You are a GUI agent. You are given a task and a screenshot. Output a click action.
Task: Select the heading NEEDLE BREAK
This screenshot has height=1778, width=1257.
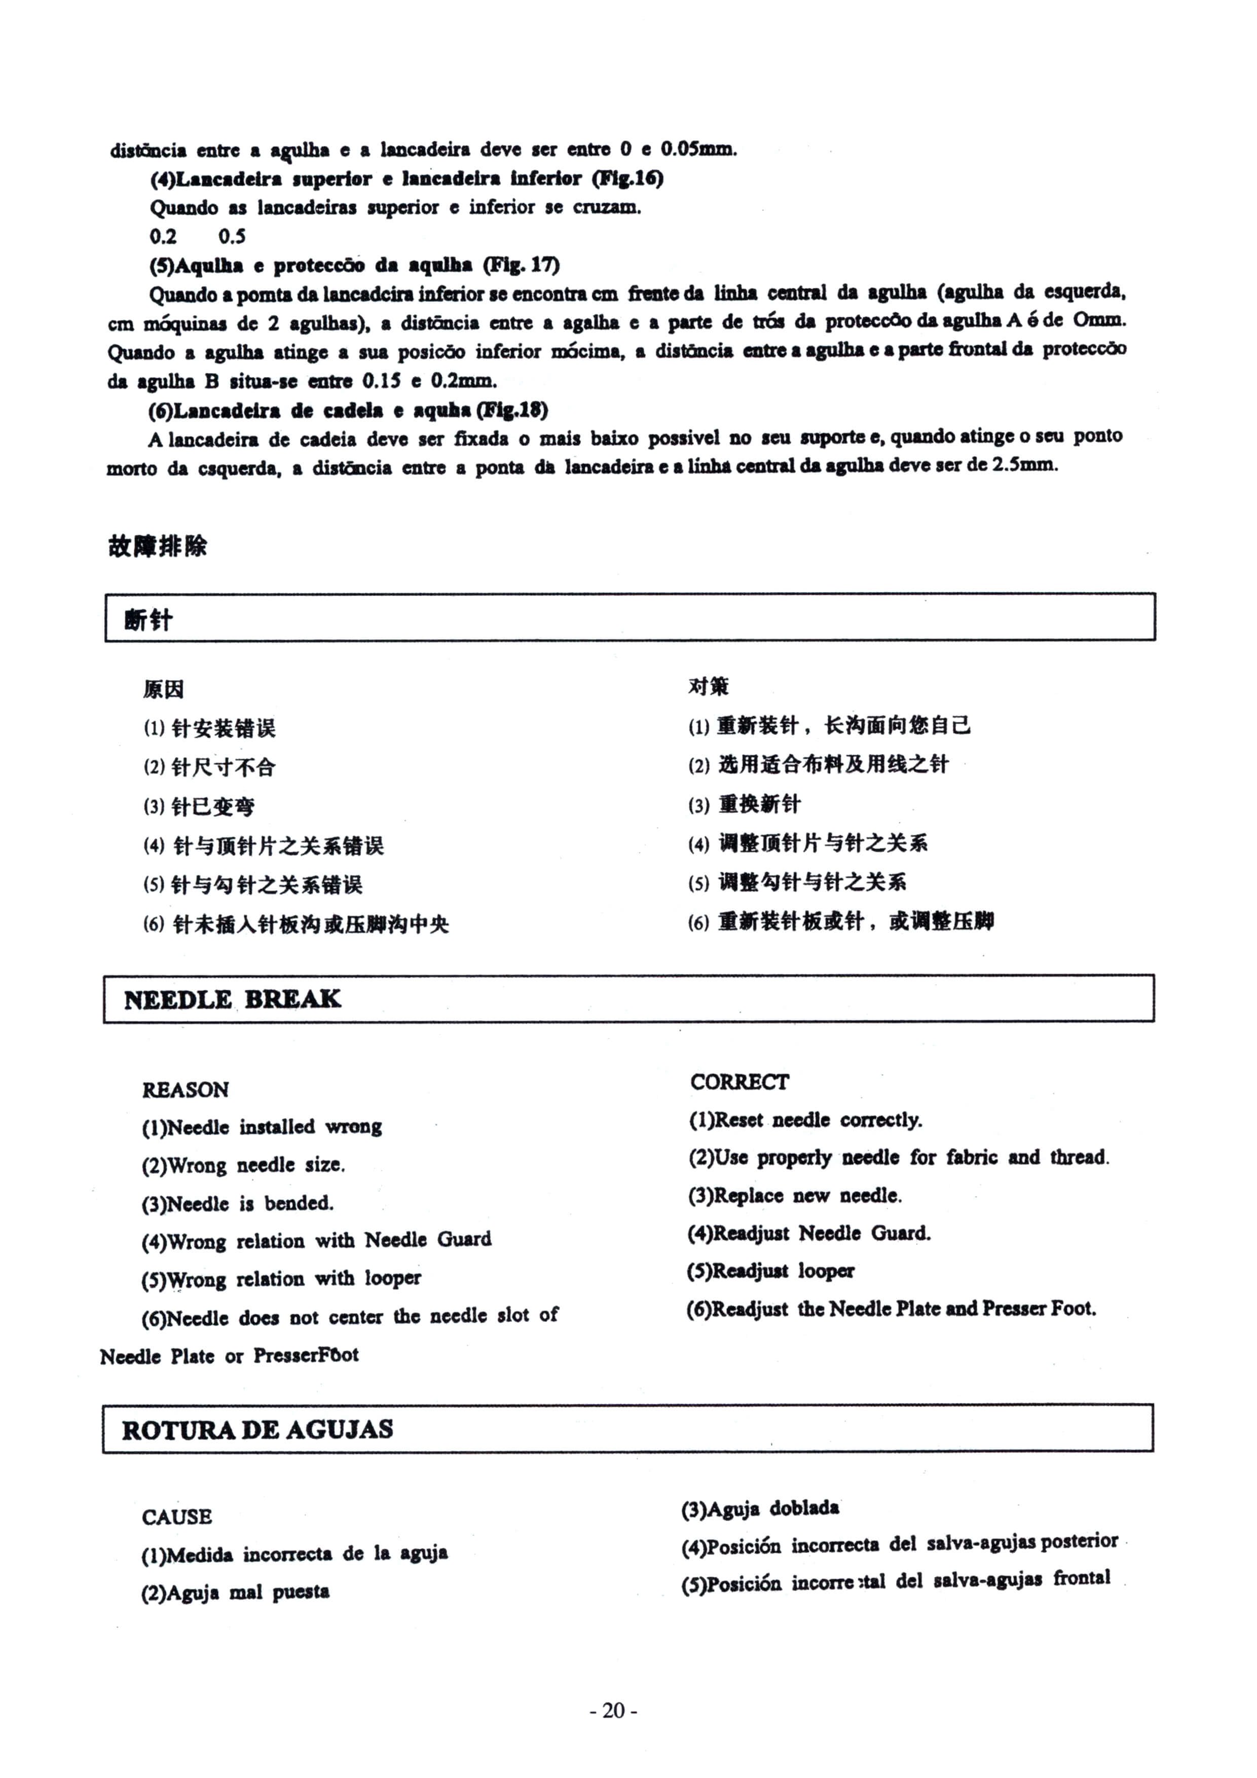(232, 999)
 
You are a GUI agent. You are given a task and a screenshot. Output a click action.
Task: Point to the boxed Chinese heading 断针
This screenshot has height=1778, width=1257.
(148, 619)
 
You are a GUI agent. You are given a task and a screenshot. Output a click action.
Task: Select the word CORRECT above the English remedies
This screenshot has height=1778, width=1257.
(740, 1082)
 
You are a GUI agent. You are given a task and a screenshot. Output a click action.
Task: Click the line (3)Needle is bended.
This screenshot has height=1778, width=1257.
(237, 1203)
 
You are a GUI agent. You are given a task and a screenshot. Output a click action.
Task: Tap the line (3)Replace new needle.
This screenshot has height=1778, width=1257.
(795, 1196)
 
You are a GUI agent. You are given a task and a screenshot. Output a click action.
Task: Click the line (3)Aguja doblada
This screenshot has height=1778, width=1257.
(760, 1508)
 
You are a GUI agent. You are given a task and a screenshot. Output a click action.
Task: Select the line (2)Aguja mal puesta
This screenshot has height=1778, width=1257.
(235, 1592)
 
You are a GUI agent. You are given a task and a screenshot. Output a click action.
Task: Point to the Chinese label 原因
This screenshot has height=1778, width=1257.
(163, 688)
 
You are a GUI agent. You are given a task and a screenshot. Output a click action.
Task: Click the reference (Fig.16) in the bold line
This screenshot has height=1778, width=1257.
(627, 178)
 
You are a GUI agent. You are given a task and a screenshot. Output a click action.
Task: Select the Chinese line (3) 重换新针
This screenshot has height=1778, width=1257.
(744, 804)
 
